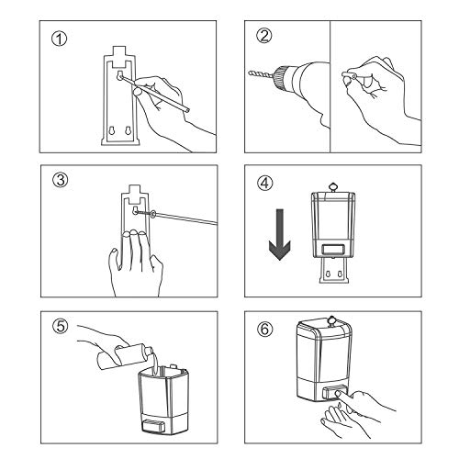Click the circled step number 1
click(59, 39)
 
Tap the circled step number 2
click(264, 36)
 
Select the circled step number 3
click(61, 180)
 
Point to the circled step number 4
click(265, 184)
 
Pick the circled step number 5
click(61, 326)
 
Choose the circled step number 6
click(265, 329)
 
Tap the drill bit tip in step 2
click(249, 73)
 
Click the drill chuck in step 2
click(281, 76)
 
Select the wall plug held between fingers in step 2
click(349, 74)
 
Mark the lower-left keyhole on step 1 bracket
click(111, 130)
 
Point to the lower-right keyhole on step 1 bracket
click(128, 130)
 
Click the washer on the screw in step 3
click(152, 214)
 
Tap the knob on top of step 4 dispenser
click(332, 186)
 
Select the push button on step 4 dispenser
click(332, 249)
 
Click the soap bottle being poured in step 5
click(125, 357)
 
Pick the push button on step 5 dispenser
click(154, 426)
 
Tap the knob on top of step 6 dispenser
click(331, 320)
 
